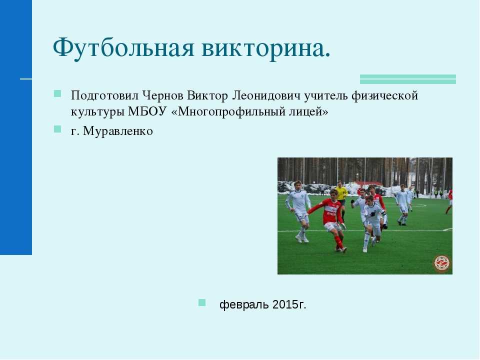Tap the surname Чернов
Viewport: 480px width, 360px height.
163,95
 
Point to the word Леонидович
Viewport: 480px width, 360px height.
266,95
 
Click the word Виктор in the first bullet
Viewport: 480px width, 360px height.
207,96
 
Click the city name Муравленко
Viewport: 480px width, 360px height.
118,131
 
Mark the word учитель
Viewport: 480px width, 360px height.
326,96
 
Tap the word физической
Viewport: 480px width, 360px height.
385,96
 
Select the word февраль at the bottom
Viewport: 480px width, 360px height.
244,304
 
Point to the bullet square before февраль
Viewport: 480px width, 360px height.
202,303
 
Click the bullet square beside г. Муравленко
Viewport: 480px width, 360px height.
57,129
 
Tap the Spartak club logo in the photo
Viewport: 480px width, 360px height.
442,263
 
